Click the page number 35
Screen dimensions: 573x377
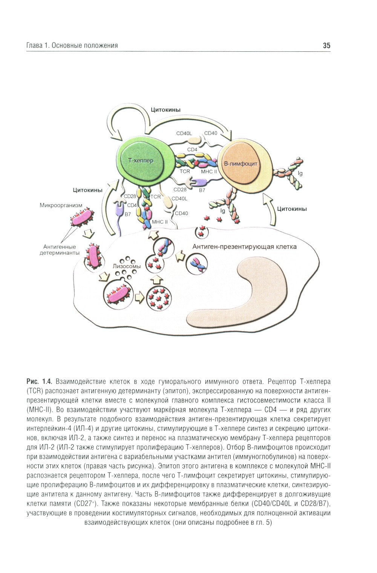coord(326,46)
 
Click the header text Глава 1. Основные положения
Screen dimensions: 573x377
coord(72,46)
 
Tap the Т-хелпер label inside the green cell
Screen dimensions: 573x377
coord(141,160)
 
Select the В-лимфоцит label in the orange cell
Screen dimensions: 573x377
coord(241,164)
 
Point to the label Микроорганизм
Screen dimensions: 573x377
coord(61,206)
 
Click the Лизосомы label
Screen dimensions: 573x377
coord(127,266)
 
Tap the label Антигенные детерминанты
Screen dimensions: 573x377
coord(60,250)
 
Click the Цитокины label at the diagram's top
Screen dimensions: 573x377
coord(166,110)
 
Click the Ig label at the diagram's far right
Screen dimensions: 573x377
coord(300,174)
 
